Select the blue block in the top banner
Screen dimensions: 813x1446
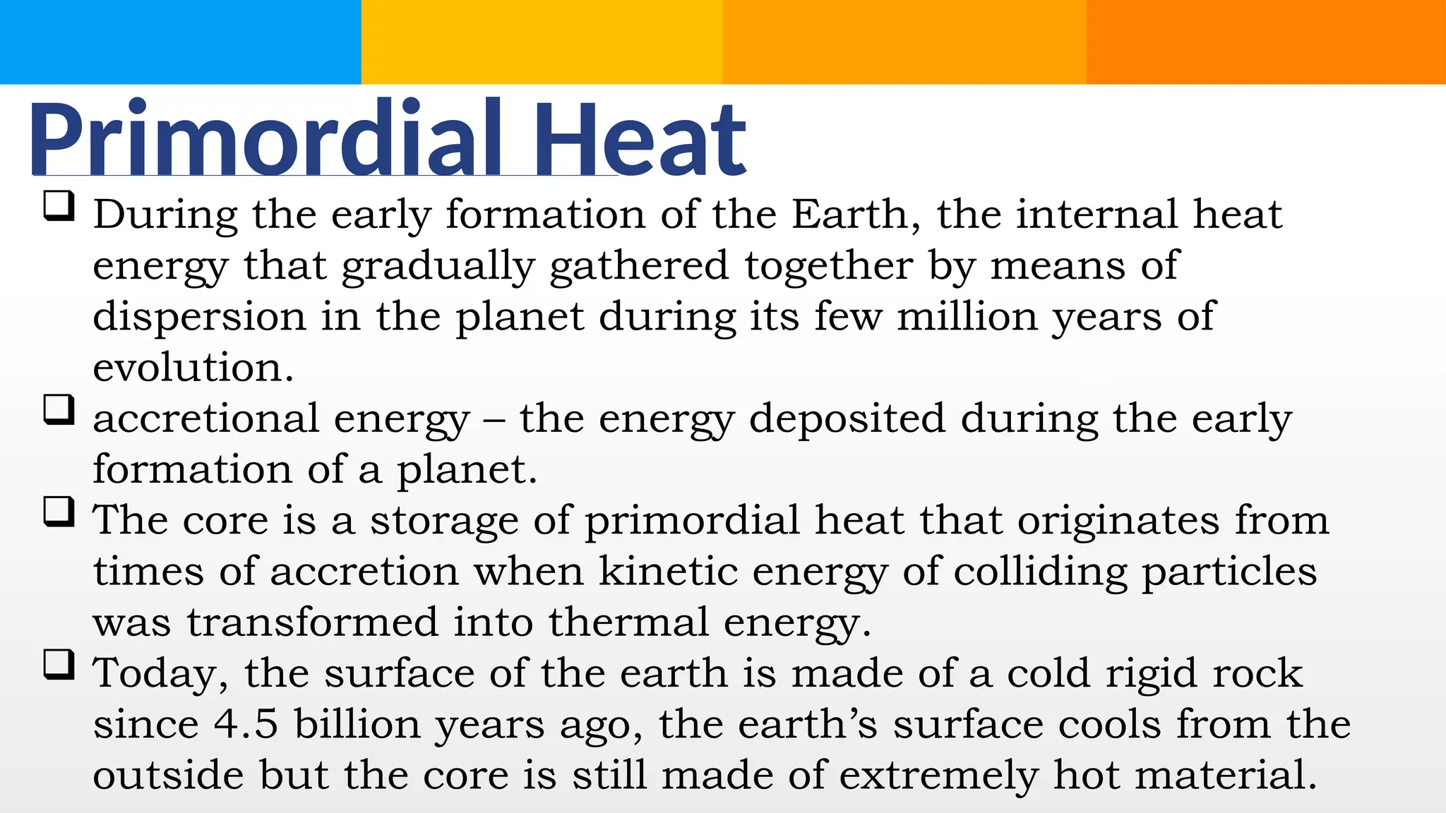[180, 42]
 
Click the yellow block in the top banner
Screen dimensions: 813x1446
[542, 42]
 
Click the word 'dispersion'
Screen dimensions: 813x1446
[199, 317]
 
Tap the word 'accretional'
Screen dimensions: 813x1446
[205, 418]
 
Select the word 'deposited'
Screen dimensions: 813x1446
[847, 418]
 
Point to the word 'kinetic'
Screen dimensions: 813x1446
[668, 571]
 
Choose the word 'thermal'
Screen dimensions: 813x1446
[628, 622]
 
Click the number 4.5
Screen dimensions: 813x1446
[246, 725]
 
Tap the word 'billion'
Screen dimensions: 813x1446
[357, 725]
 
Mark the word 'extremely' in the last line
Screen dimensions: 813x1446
[938, 776]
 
